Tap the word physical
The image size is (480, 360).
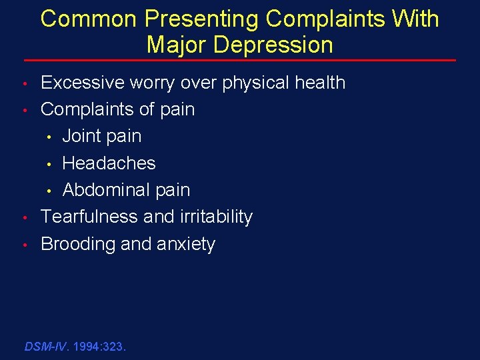[254, 83]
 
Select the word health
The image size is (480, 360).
[319, 83]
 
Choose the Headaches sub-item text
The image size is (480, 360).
[109, 163]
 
